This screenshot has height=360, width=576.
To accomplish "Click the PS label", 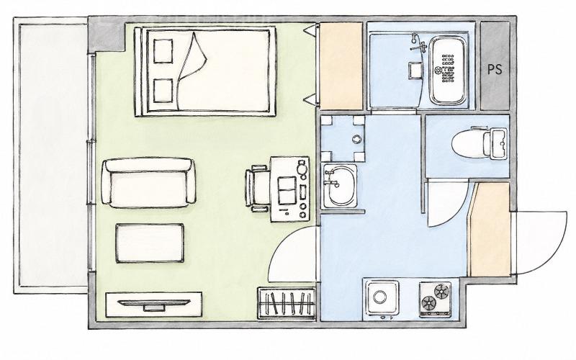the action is [x=495, y=69].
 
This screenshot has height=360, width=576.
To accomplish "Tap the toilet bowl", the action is [x=467, y=143].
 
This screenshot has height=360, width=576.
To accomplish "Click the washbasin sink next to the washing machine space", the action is [x=340, y=186].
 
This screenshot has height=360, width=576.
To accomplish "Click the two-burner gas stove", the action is [x=436, y=300].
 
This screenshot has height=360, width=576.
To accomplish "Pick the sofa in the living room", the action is [x=148, y=183].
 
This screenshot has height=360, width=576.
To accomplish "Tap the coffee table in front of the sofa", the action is [x=150, y=243].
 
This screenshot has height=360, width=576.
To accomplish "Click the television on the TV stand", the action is [x=154, y=304].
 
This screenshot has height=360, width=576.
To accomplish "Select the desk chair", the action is [x=257, y=189].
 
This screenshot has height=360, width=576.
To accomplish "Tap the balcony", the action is [x=52, y=155].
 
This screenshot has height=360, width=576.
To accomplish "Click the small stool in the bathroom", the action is [x=416, y=70].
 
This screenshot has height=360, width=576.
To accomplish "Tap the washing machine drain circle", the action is [x=356, y=139].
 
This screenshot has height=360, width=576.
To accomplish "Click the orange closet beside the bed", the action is [x=341, y=66].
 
